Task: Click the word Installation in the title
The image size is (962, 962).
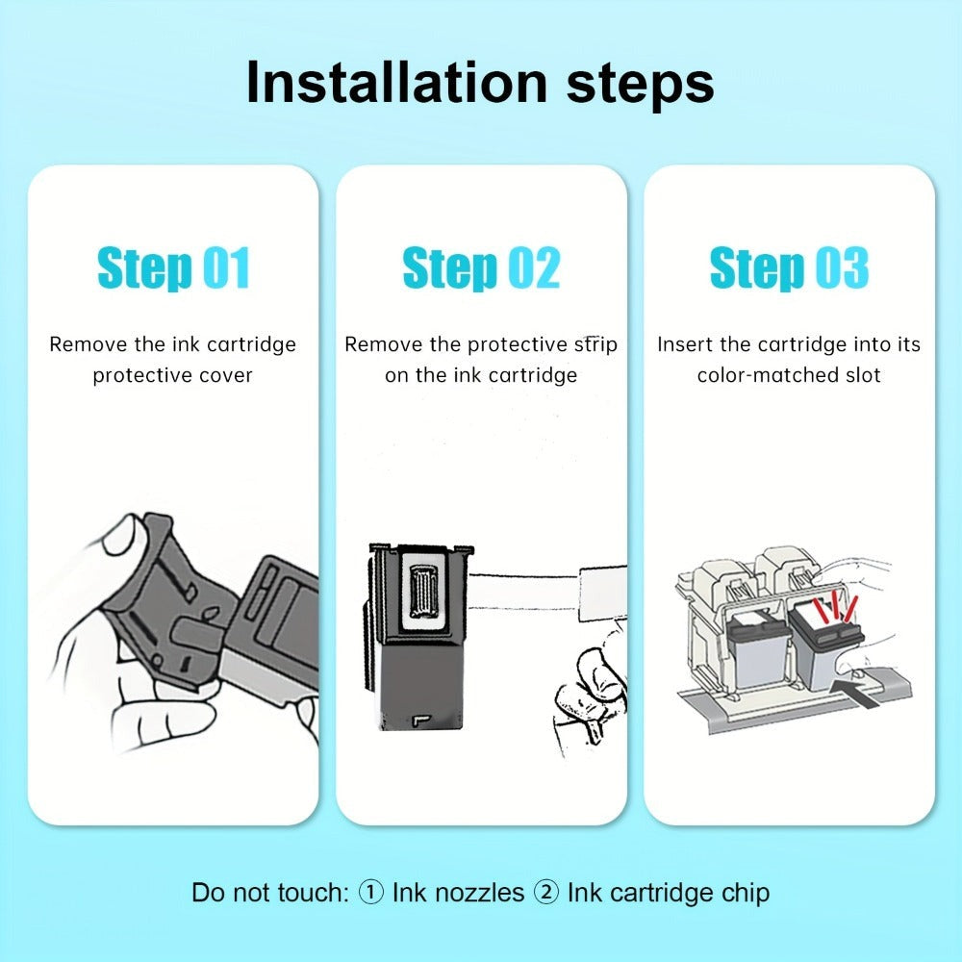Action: pos(395,83)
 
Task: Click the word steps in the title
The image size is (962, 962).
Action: pos(640,86)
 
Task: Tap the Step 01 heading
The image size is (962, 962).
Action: pos(173,267)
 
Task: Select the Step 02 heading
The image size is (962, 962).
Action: pos(481,267)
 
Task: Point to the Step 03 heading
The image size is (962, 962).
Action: pos(789,267)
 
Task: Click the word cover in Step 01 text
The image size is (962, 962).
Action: pos(223,375)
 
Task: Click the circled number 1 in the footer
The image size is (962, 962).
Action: pos(370,893)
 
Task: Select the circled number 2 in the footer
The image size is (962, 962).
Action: pos(546,893)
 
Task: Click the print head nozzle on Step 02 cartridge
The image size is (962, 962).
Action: pos(422,591)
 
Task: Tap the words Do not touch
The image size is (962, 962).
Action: pos(270,894)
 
